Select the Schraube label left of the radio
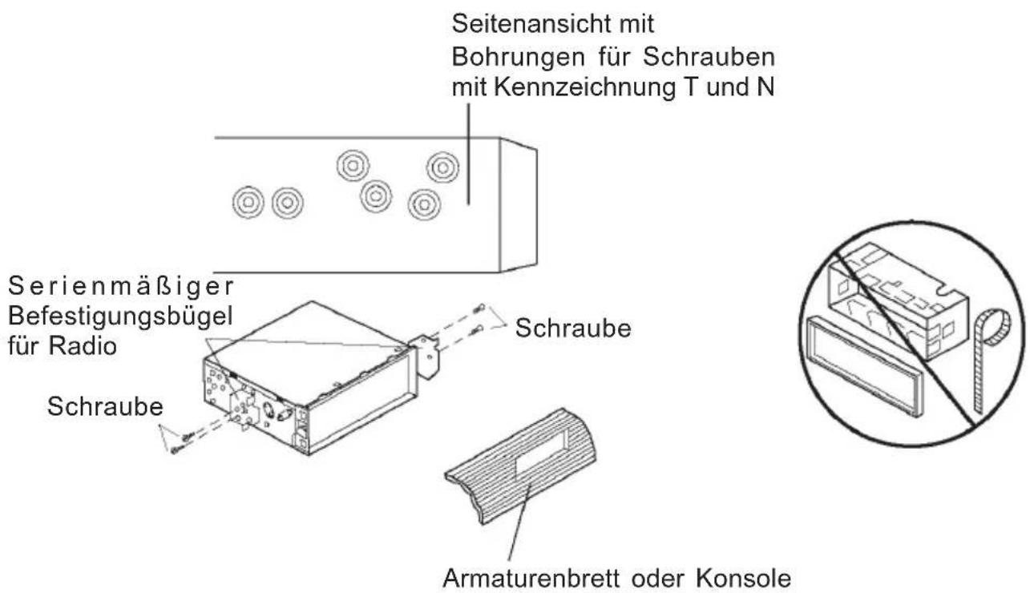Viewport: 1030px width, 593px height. (105, 406)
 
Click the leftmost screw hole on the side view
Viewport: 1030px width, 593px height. (245, 201)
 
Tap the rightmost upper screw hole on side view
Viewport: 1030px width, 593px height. (442, 167)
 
